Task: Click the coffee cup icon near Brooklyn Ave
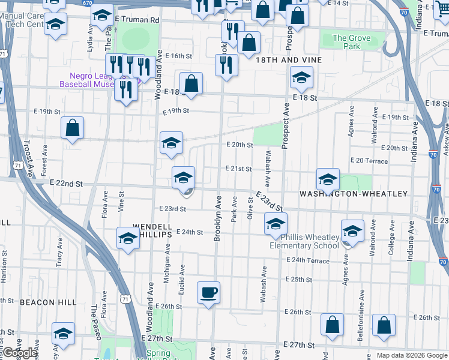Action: tap(208, 293)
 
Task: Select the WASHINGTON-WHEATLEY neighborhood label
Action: tap(353, 194)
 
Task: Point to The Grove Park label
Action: tap(351, 42)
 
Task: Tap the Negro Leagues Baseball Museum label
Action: tap(91, 80)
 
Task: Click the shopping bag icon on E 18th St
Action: tap(191, 84)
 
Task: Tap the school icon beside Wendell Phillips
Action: tap(128, 239)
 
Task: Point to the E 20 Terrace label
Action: tap(369, 161)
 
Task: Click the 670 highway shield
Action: tap(88, 3)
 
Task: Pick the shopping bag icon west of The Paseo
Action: tap(72, 128)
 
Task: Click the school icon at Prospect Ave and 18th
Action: tap(301, 77)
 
